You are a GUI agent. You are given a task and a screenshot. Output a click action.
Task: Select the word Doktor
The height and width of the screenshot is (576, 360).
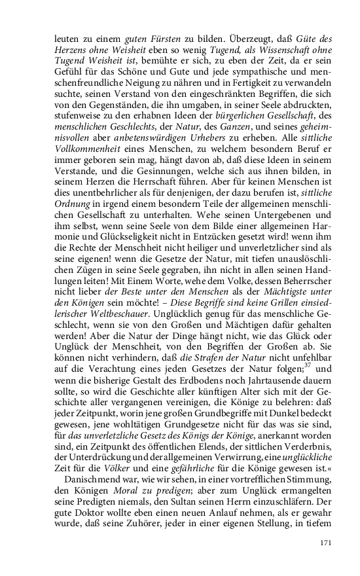pos(92,500)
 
